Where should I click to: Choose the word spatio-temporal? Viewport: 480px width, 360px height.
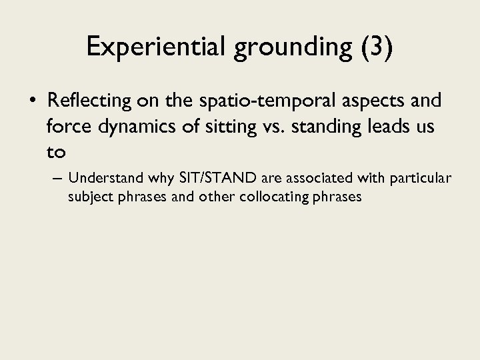tap(257, 101)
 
